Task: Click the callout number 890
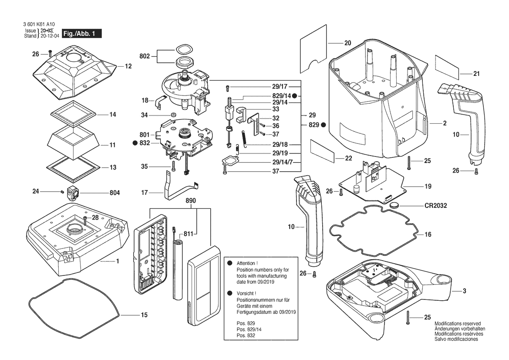click(x=191, y=201)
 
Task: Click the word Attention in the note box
click(x=247, y=264)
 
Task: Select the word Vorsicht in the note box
click(x=246, y=293)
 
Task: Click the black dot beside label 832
click(x=136, y=143)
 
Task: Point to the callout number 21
click(x=476, y=74)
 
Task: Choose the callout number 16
click(x=428, y=234)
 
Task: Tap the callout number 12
click(x=128, y=66)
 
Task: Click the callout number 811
click(x=188, y=234)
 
